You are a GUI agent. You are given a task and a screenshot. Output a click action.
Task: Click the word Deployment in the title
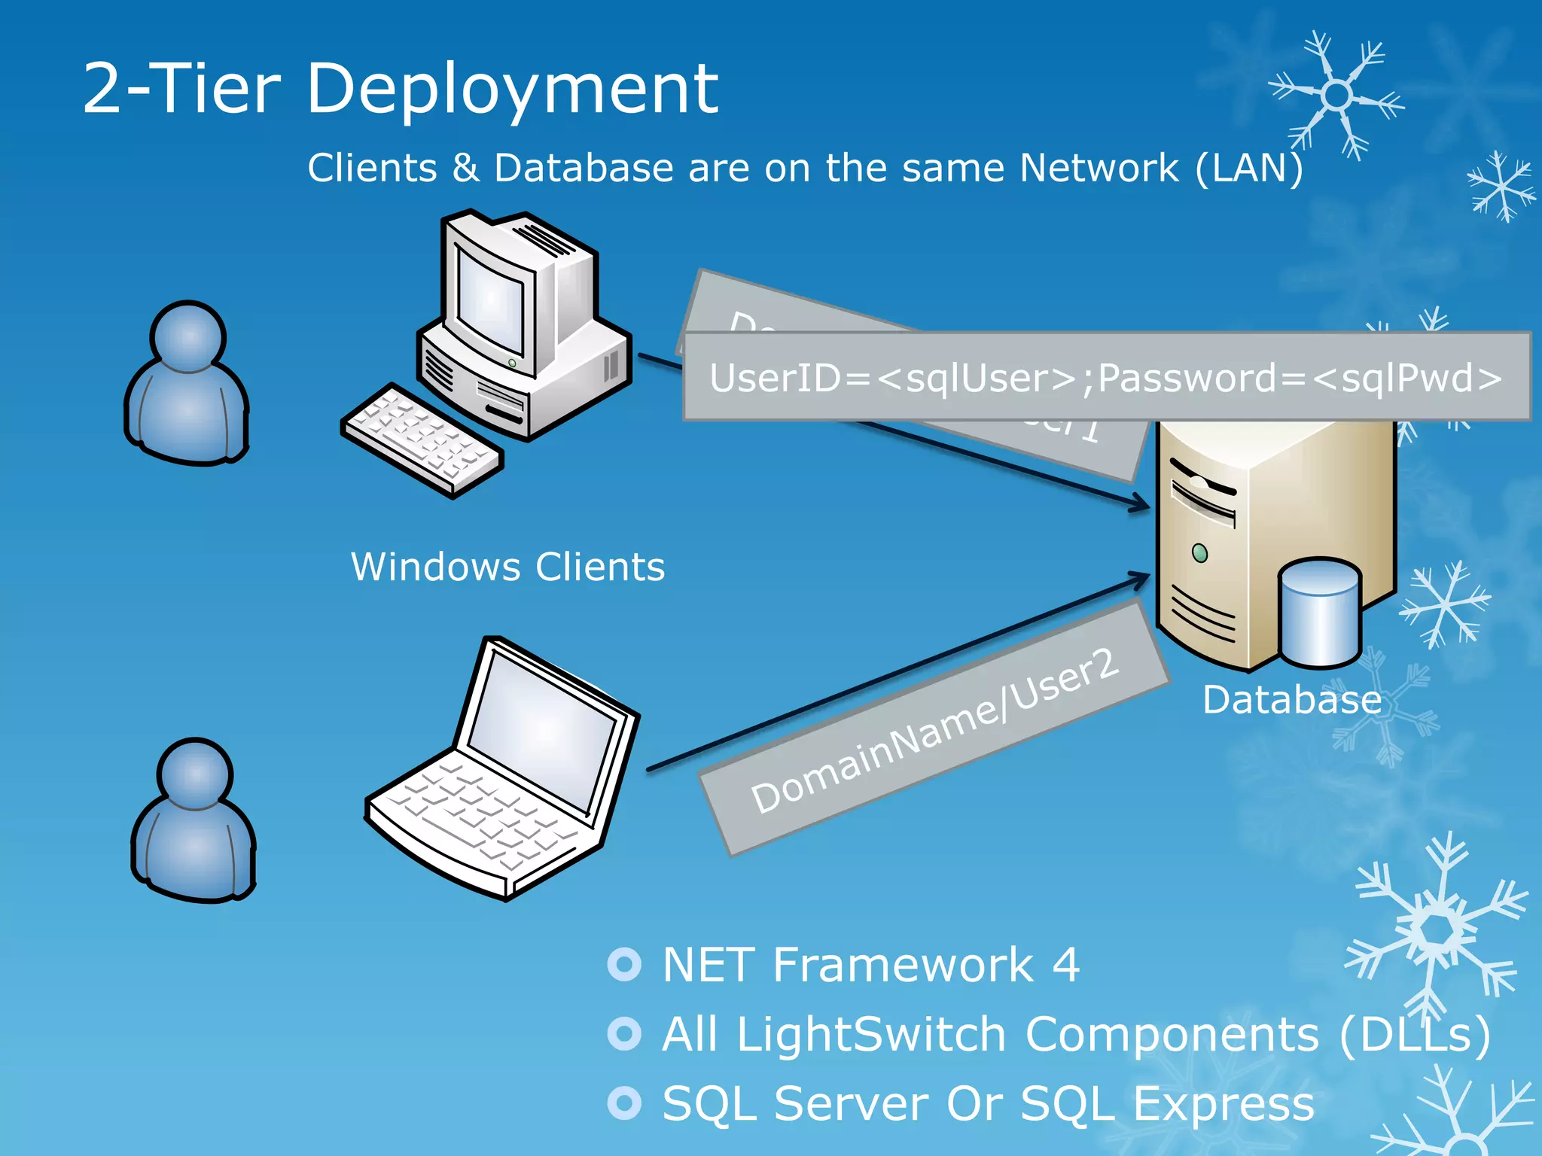click(512, 90)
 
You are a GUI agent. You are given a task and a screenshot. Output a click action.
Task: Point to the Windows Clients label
click(508, 567)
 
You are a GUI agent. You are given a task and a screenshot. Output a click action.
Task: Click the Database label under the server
click(1292, 700)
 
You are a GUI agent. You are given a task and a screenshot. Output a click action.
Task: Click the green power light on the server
click(1200, 553)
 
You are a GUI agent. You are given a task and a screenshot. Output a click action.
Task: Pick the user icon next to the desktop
click(187, 384)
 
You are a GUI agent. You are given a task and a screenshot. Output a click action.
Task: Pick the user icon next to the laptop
click(194, 820)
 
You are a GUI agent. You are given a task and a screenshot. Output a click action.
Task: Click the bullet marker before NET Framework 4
click(624, 964)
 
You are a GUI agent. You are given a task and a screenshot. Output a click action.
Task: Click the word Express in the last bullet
click(1223, 1104)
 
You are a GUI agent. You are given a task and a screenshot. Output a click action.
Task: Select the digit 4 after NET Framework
click(1065, 965)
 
